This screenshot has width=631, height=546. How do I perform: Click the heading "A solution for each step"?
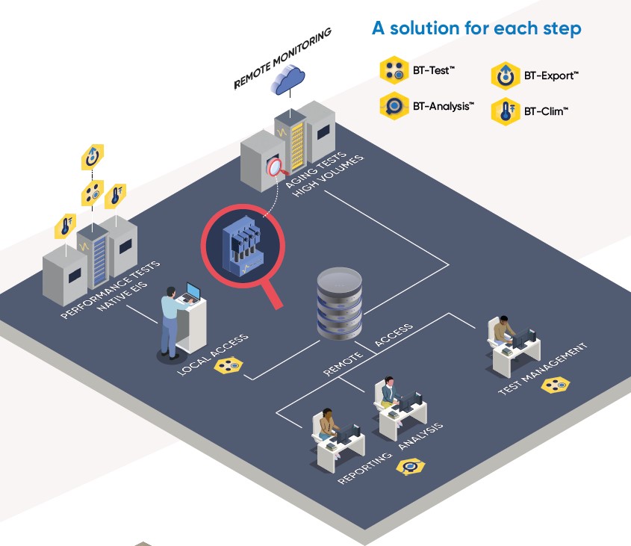(x=476, y=29)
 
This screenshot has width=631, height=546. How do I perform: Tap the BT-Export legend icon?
(x=505, y=76)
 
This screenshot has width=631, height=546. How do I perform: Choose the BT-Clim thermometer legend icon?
(x=505, y=112)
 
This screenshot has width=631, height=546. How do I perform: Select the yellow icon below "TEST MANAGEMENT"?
(x=555, y=385)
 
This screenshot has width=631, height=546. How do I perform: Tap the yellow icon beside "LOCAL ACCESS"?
(x=228, y=366)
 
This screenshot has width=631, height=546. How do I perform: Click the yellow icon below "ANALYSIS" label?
(x=409, y=467)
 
